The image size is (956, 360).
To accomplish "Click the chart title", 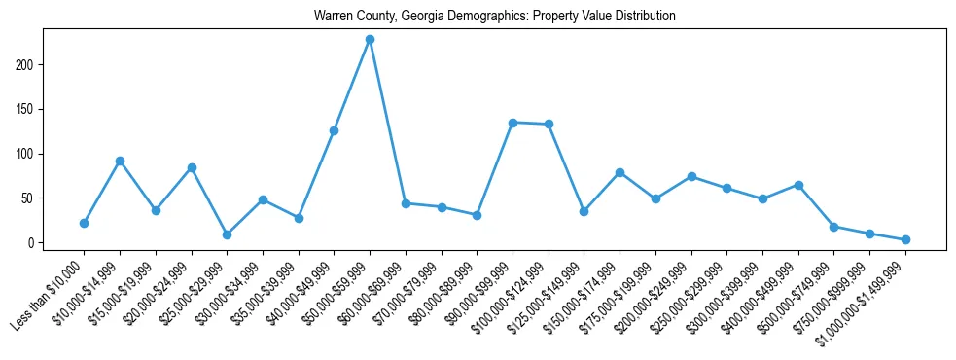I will click(x=494, y=17).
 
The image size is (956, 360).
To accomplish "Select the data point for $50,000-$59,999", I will click(x=370, y=40).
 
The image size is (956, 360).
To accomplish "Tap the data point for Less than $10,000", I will click(x=84, y=223).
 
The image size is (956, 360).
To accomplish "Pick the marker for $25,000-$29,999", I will click(x=227, y=234).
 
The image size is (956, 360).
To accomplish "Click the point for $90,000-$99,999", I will click(x=513, y=123).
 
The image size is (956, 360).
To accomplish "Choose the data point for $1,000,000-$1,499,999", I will click(x=905, y=239).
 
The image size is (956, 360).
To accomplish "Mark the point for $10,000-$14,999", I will click(x=120, y=161).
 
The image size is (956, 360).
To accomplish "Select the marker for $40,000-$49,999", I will click(x=334, y=130).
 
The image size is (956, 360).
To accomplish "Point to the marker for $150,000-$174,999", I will click(x=620, y=172).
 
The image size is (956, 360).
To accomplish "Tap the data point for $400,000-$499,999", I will click(x=798, y=185).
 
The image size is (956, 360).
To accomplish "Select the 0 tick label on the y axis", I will click(x=32, y=242).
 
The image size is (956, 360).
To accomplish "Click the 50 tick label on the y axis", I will click(x=29, y=198).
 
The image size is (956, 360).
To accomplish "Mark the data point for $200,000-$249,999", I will click(x=691, y=177).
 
